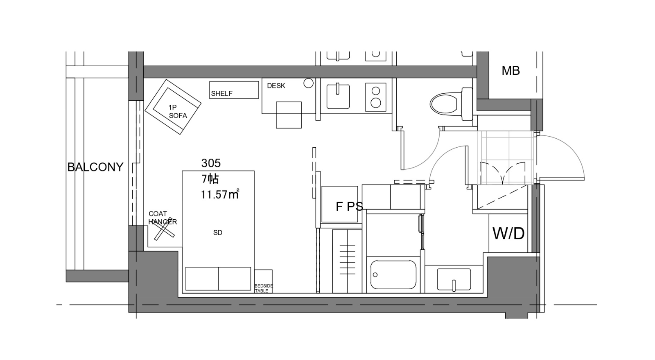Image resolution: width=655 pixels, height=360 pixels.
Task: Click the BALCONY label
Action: [95, 167]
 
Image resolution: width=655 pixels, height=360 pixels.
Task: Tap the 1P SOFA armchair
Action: [173, 107]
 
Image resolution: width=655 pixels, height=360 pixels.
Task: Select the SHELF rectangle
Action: [234, 90]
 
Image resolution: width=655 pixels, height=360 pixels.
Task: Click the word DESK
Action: [276, 85]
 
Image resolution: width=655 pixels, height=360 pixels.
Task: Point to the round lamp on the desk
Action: [309, 83]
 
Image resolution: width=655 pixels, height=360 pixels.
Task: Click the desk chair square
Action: [289, 115]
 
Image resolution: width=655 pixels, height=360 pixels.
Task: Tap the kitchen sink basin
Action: [338, 96]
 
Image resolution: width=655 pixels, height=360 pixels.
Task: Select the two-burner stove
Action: [376, 97]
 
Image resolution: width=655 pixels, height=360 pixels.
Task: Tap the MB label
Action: [510, 71]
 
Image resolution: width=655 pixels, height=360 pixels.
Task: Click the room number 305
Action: [211, 163]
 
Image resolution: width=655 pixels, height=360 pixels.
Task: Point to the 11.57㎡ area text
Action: [220, 194]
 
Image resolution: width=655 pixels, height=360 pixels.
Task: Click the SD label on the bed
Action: [217, 233]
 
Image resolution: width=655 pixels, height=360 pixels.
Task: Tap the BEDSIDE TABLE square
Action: [263, 281]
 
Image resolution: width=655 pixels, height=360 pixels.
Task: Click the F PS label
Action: [349, 206]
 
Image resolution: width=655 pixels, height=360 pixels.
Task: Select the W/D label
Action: [508, 234]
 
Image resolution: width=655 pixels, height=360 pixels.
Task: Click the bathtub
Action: [393, 274]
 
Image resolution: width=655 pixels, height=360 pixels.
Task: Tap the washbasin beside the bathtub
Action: [454, 280]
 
